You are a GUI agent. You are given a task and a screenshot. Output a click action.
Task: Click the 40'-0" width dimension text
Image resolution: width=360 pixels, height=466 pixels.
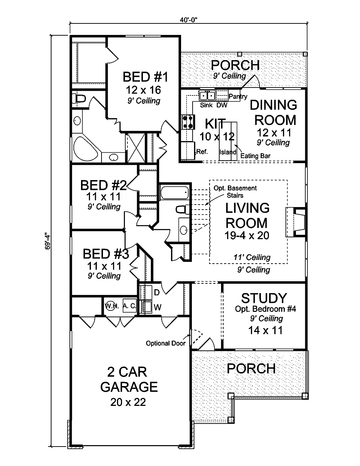click(188, 20)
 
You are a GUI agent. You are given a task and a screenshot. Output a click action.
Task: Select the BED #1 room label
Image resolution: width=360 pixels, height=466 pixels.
click(145, 77)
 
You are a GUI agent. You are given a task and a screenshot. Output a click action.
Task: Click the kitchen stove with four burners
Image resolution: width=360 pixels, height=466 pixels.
click(188, 122)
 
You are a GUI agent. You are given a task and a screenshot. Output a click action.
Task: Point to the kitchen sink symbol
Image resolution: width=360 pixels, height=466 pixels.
click(207, 95)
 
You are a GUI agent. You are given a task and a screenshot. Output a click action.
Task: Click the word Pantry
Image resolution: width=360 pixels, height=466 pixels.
click(238, 97)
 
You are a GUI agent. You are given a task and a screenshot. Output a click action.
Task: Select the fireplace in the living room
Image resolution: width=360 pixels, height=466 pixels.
click(296, 222)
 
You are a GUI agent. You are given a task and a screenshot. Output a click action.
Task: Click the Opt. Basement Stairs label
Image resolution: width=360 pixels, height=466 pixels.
click(235, 192)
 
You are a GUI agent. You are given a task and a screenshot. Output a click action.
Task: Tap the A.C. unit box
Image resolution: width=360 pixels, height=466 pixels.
click(129, 306)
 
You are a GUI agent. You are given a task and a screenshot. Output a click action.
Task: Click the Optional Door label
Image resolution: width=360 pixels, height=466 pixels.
click(166, 343)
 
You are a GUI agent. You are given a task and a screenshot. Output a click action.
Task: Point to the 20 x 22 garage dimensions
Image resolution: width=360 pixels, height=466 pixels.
click(128, 402)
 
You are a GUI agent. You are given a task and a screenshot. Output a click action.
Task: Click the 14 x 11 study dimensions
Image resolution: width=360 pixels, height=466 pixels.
click(265, 330)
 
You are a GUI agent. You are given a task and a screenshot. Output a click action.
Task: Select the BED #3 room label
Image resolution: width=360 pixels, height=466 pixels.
click(105, 254)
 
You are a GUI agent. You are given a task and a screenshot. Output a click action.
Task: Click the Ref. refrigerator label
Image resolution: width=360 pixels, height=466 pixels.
click(203, 152)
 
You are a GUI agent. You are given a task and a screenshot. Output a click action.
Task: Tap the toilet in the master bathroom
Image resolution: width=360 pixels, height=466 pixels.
click(78, 99)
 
